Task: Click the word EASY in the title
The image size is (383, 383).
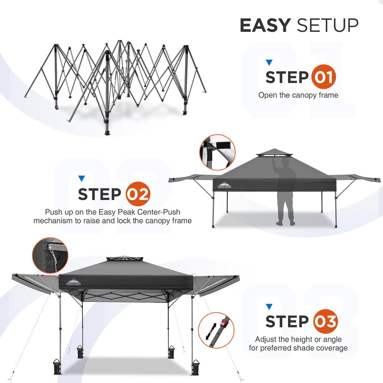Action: (x=265, y=26)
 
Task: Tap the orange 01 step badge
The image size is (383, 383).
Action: (x=323, y=77)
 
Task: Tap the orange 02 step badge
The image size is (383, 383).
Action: (x=138, y=194)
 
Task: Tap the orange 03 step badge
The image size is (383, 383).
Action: (x=325, y=321)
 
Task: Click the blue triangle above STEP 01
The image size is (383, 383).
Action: (x=269, y=62)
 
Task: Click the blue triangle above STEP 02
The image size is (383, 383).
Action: (x=82, y=179)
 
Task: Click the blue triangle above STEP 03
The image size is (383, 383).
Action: (x=269, y=307)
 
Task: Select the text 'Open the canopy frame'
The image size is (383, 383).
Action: (x=298, y=95)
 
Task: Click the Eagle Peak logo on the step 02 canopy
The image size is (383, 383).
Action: (x=224, y=185)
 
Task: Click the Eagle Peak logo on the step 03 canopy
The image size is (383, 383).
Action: (x=74, y=282)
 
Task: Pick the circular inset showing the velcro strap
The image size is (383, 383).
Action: (x=217, y=152)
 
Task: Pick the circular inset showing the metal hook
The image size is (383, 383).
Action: (x=50, y=255)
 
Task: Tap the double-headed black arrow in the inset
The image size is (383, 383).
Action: (x=211, y=331)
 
